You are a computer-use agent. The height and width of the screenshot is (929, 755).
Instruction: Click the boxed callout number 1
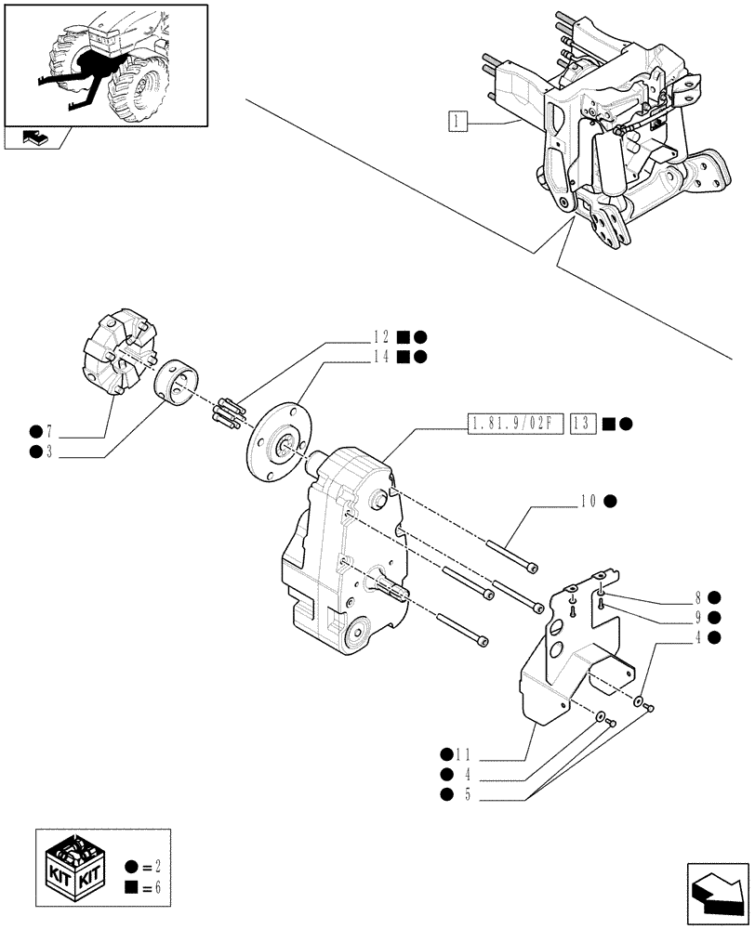pos(456,121)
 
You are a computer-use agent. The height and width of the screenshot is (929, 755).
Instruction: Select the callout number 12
pos(383,338)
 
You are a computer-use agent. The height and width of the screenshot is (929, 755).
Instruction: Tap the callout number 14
pos(383,356)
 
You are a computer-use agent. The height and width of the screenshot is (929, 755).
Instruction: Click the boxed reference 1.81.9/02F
pos(511,425)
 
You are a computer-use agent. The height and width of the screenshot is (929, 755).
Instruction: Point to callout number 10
pos(588,502)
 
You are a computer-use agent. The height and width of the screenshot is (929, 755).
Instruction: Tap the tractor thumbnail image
pos(104,64)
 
